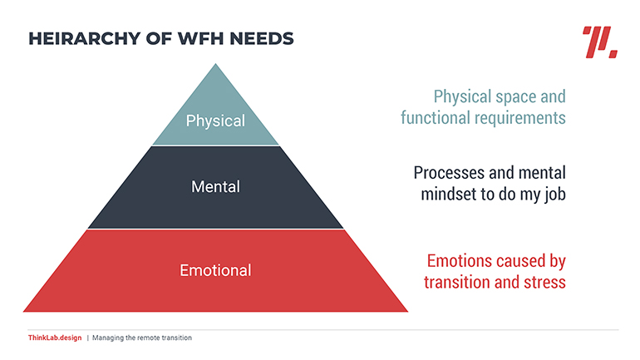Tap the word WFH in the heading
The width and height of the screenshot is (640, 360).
pos(201,39)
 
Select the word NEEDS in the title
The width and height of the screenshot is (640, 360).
pos(262,39)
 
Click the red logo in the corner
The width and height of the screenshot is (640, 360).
pos(599,42)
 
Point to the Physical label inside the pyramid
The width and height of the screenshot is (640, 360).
pos(215,121)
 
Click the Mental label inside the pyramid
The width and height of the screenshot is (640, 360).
pos(215,186)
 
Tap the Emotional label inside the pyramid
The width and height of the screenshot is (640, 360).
pos(215,270)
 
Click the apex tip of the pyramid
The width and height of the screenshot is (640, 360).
pos(215,64)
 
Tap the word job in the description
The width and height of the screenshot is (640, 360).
pos(555,195)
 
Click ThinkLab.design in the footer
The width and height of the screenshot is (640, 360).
pos(55,338)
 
